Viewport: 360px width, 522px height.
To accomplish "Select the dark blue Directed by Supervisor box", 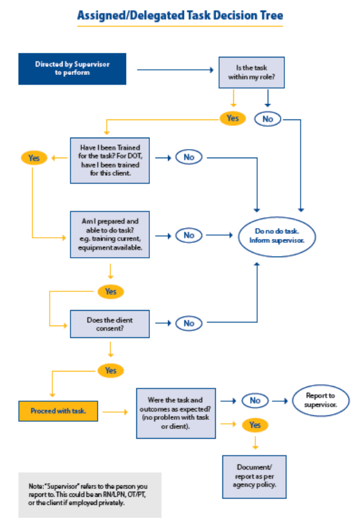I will pos(72,68).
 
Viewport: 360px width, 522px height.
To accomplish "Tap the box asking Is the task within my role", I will pos(251,72).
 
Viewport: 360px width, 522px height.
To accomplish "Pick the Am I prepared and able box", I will pos(111,235).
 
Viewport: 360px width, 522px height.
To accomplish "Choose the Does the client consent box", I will pos(111,323).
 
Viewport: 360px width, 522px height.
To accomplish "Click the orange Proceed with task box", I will pos(58,411).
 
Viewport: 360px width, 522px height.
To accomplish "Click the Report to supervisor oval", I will pos(321,401).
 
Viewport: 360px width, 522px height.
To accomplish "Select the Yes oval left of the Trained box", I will pos(34,158).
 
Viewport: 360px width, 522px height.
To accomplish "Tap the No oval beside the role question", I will pos(267,119).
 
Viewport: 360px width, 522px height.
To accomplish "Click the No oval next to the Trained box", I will pos(189,157).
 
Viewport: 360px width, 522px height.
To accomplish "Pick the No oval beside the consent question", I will pos(189,323).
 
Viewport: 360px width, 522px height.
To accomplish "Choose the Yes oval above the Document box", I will pos(255,425).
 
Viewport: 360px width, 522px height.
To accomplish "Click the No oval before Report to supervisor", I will pos(255,401).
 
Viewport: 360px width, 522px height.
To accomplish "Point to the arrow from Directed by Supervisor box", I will pos(175,68).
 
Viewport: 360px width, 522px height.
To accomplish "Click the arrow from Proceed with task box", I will pos(116,411).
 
